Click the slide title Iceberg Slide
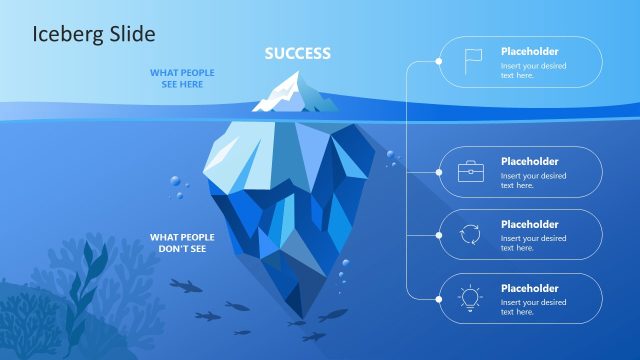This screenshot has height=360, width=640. [93, 34]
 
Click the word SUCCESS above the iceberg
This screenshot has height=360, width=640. [297, 53]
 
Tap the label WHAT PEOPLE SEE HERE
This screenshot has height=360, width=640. [182, 78]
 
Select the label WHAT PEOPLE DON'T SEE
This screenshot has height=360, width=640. [182, 242]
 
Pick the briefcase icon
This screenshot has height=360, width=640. [470, 171]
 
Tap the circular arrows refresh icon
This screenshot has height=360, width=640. [470, 235]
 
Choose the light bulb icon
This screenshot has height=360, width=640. [470, 298]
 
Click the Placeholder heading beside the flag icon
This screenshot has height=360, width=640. [529, 51]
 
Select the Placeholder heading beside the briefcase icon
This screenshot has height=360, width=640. [529, 161]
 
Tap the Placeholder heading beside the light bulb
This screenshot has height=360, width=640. [529, 288]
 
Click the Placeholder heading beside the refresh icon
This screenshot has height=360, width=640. [529, 224]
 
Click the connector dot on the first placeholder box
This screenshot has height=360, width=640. [439, 62]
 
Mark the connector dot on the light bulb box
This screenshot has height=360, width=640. [439, 298]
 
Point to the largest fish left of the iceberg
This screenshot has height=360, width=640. [185, 286]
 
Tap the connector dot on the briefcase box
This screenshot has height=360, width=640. [439, 171]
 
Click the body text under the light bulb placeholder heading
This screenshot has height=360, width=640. [533, 307]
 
